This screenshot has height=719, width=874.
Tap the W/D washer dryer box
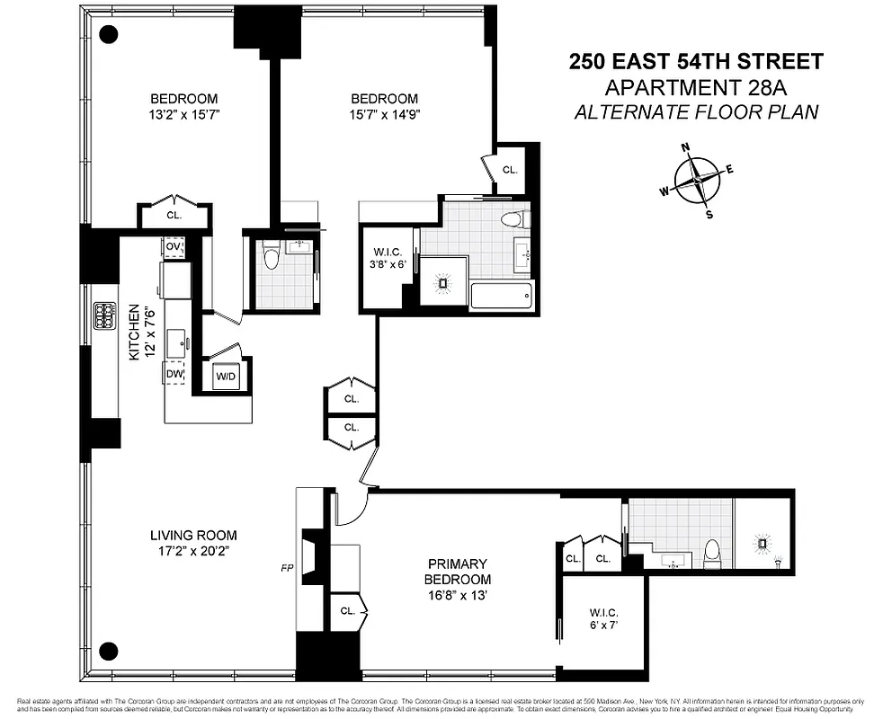[225, 377]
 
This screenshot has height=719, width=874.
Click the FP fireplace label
[287, 568]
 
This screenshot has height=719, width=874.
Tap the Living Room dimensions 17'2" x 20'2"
[193, 550]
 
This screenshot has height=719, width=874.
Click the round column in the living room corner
[109, 650]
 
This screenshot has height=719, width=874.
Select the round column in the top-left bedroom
[109, 35]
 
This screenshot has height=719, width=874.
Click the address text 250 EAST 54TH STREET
[696, 62]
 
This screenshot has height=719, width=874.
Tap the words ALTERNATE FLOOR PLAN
[696, 111]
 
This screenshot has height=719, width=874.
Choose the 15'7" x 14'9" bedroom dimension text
[384, 114]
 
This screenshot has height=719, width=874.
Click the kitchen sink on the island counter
[187, 342]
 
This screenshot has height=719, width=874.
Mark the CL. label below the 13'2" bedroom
[174, 215]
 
